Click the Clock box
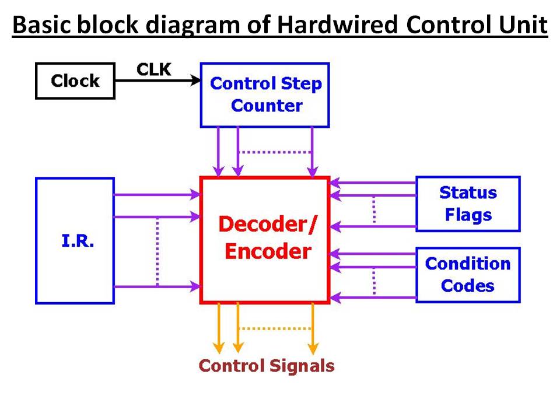75,80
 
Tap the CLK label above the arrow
154,69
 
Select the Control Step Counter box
265,95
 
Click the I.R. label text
78,241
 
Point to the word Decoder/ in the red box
268,224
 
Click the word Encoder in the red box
268,251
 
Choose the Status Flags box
468,204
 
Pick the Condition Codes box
468,275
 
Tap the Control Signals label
267,366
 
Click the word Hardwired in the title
337,24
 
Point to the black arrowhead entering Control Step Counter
196,80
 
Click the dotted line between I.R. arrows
157,252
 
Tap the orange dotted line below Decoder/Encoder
275,328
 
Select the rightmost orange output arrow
313,328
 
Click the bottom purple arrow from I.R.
157,286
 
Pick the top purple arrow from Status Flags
373,183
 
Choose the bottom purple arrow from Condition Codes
373,297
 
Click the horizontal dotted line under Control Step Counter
275,152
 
